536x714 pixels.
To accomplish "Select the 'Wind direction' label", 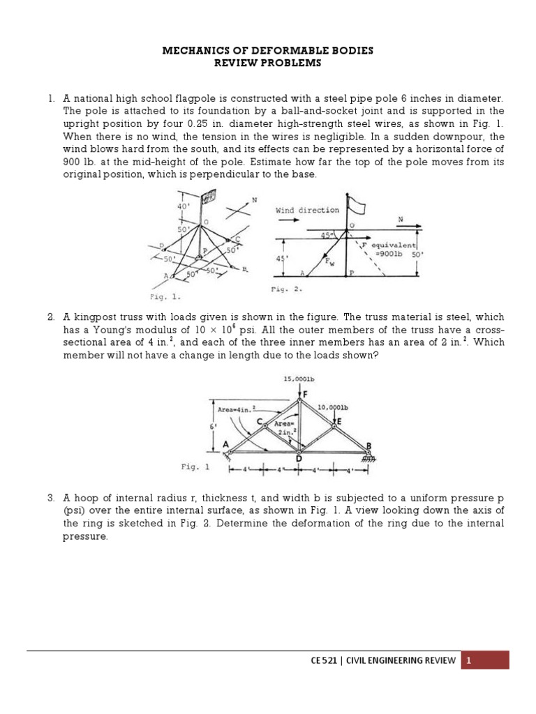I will [x=307, y=209].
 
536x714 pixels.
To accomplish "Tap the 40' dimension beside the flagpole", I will [x=185, y=206].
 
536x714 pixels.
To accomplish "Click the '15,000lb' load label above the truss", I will [x=298, y=379].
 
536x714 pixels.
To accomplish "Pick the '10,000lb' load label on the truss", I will [x=333, y=407].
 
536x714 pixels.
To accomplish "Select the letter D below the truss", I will [x=299, y=458].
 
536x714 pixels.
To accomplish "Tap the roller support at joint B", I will [x=368, y=457].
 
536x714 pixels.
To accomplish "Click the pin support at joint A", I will [x=229, y=455].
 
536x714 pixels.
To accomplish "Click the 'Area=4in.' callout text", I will [x=238, y=409].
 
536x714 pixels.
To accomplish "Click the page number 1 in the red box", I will [x=470, y=660].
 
